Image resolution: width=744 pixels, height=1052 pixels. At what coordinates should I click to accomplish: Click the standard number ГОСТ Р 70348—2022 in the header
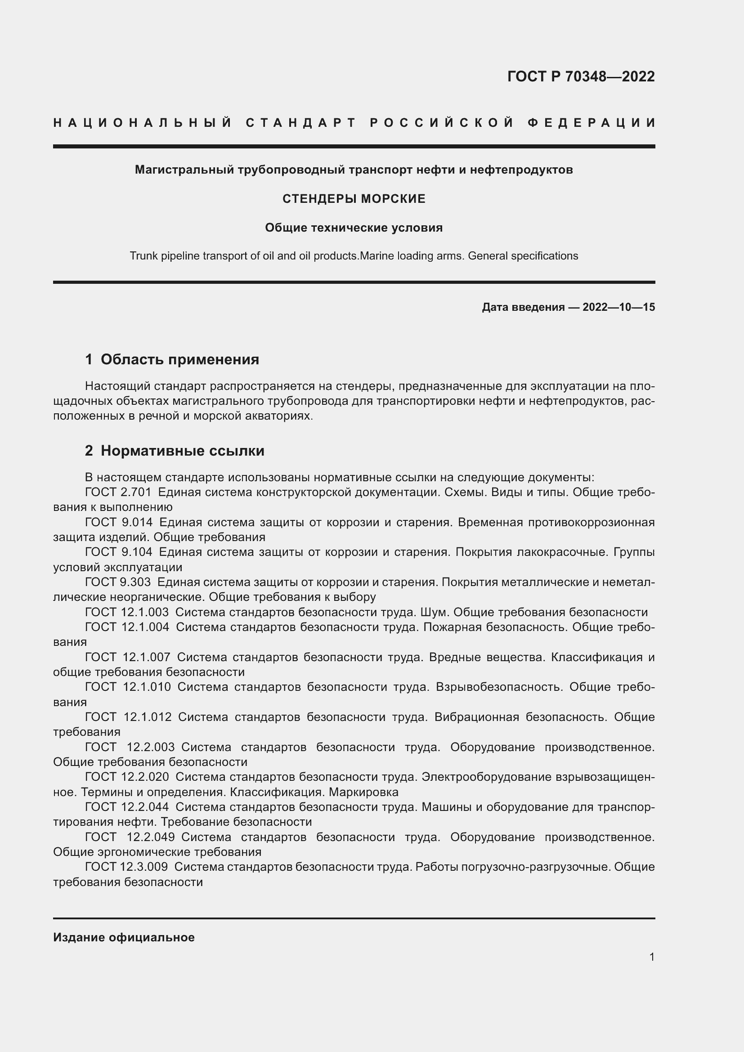(x=580, y=76)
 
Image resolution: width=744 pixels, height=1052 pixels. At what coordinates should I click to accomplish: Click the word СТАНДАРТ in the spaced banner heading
(x=301, y=123)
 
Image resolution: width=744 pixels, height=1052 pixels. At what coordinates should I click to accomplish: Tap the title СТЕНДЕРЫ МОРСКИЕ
(x=354, y=199)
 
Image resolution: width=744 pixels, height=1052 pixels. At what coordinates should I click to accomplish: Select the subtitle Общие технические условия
(x=354, y=228)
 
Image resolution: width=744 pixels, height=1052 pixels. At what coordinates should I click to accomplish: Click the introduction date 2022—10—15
(x=619, y=307)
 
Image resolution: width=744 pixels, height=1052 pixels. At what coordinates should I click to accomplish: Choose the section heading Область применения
(x=179, y=359)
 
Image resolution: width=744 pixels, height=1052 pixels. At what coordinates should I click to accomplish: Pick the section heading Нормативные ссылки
(x=182, y=451)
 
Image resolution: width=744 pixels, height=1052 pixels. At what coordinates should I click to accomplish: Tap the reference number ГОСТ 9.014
(x=119, y=522)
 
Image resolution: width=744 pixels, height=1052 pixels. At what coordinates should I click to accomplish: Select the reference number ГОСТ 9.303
(x=118, y=582)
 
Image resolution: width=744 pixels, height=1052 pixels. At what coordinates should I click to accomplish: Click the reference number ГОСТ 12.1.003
(x=127, y=612)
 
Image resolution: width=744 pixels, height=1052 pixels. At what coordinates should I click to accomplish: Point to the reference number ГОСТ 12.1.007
(x=127, y=657)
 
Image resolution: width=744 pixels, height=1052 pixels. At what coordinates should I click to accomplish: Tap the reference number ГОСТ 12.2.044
(x=127, y=807)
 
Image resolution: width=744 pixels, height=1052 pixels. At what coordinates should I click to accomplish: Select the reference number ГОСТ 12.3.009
(x=126, y=867)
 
